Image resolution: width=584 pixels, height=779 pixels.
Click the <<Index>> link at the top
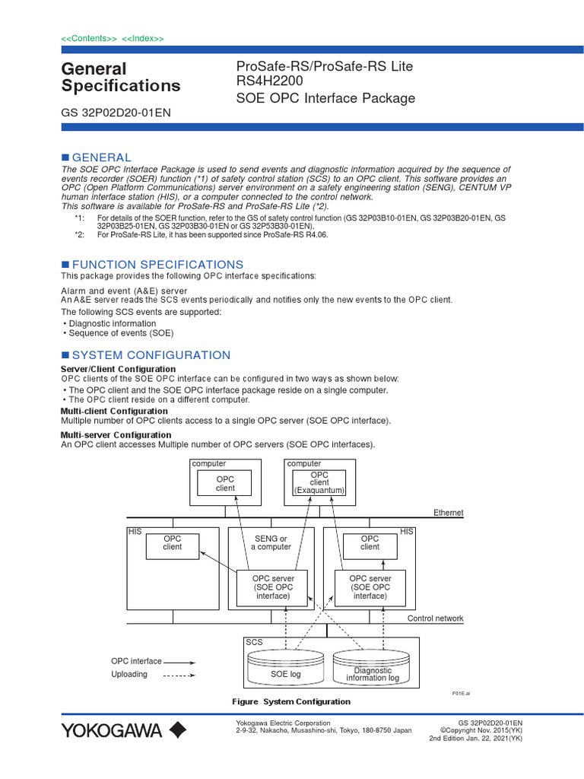(x=142, y=38)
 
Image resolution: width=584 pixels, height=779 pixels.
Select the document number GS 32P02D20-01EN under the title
(x=115, y=113)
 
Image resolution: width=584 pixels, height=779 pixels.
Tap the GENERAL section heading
(x=101, y=157)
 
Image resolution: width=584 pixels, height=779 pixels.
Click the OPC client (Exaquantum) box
(x=319, y=483)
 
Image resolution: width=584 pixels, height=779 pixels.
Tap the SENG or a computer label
(x=271, y=543)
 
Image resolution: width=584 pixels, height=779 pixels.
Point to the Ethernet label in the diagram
(x=448, y=513)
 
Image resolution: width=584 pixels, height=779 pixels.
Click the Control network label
(x=435, y=618)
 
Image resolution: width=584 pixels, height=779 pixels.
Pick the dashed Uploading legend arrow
(x=180, y=675)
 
